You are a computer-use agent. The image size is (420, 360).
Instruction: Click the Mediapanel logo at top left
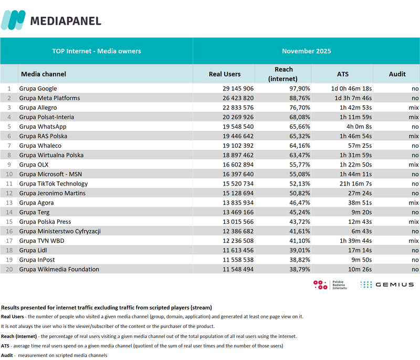(x=51, y=20)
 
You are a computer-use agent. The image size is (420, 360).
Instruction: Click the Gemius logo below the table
(x=387, y=284)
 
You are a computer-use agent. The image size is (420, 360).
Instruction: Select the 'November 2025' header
(x=306, y=51)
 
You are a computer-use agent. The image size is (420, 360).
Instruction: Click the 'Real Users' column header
(x=225, y=74)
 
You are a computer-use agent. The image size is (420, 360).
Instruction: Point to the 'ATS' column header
(x=342, y=74)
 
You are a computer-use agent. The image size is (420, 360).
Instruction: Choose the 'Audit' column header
(x=397, y=74)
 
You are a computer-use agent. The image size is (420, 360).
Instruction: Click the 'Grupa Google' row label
(x=38, y=88)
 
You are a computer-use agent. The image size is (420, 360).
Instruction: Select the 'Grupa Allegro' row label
(x=38, y=108)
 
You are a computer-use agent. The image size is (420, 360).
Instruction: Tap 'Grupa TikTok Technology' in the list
(x=53, y=183)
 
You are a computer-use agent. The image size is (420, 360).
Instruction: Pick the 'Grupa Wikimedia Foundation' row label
(x=59, y=269)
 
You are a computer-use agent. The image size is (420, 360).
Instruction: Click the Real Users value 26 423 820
(x=238, y=98)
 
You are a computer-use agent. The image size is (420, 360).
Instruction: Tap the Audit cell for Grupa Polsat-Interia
(x=413, y=117)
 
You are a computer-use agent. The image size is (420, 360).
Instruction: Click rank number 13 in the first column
(x=8, y=203)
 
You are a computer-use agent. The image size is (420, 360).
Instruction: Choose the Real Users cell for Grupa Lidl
(x=238, y=250)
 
